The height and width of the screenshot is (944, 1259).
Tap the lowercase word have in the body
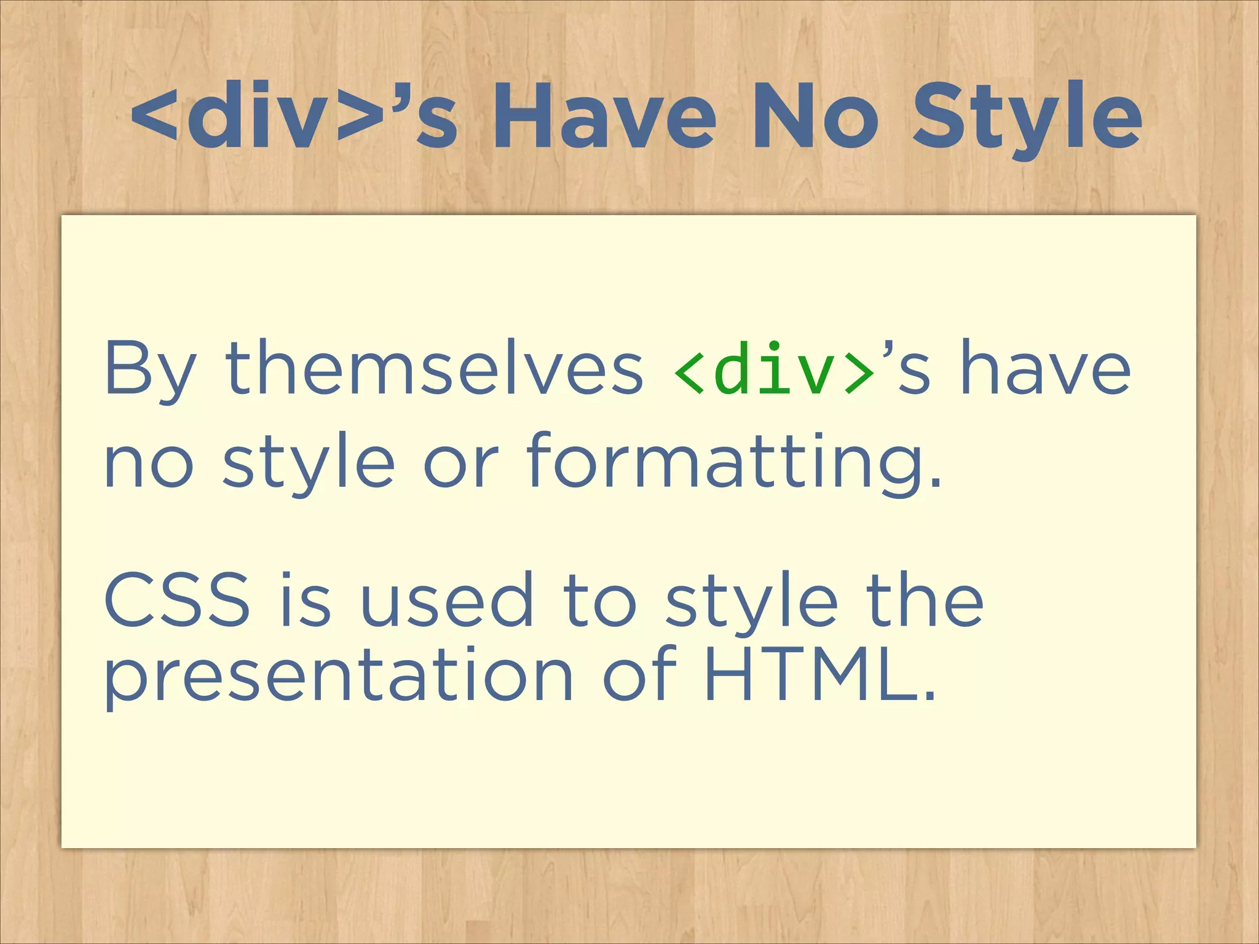(1045, 369)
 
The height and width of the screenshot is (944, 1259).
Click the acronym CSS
(178, 600)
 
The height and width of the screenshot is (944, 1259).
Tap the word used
(446, 600)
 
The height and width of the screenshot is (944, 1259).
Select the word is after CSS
(306, 600)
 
